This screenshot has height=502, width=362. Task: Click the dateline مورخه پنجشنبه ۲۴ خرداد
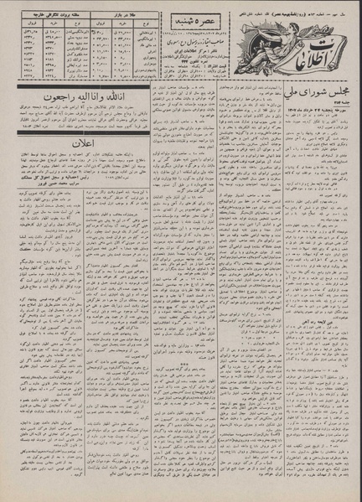coord(313,127)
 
